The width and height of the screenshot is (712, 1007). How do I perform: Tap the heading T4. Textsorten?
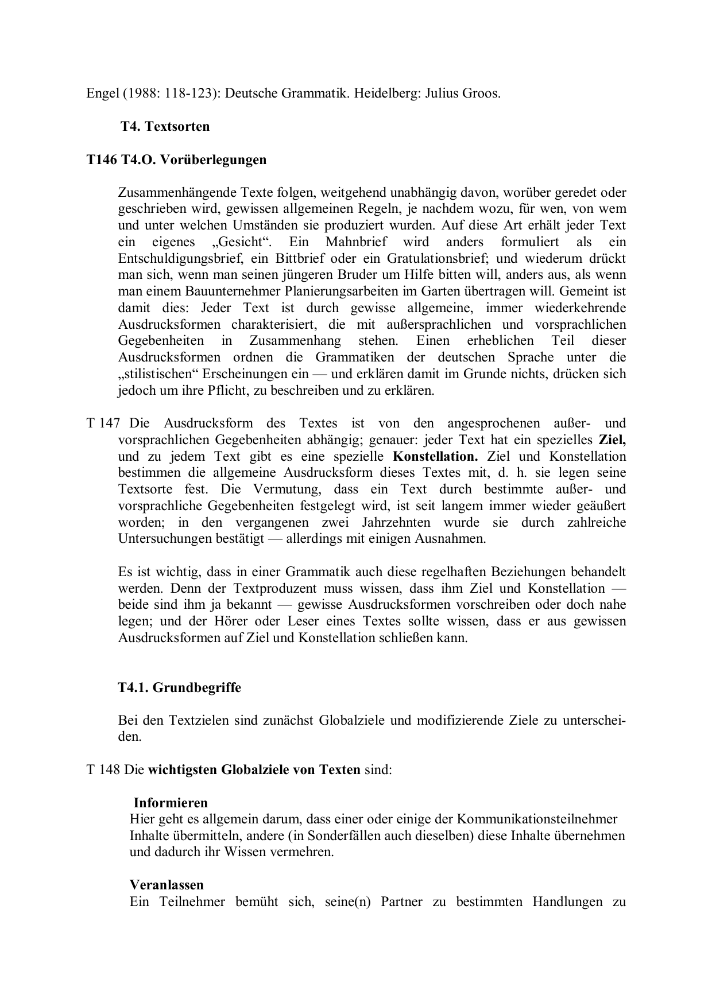165,126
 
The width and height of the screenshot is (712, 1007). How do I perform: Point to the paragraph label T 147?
103,423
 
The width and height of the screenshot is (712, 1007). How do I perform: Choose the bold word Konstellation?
435,457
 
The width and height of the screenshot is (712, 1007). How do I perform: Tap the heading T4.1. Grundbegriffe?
180,687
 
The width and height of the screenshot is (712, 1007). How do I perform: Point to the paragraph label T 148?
103,769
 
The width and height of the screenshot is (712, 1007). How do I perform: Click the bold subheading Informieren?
171,803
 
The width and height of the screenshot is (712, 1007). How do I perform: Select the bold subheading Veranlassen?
167,885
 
